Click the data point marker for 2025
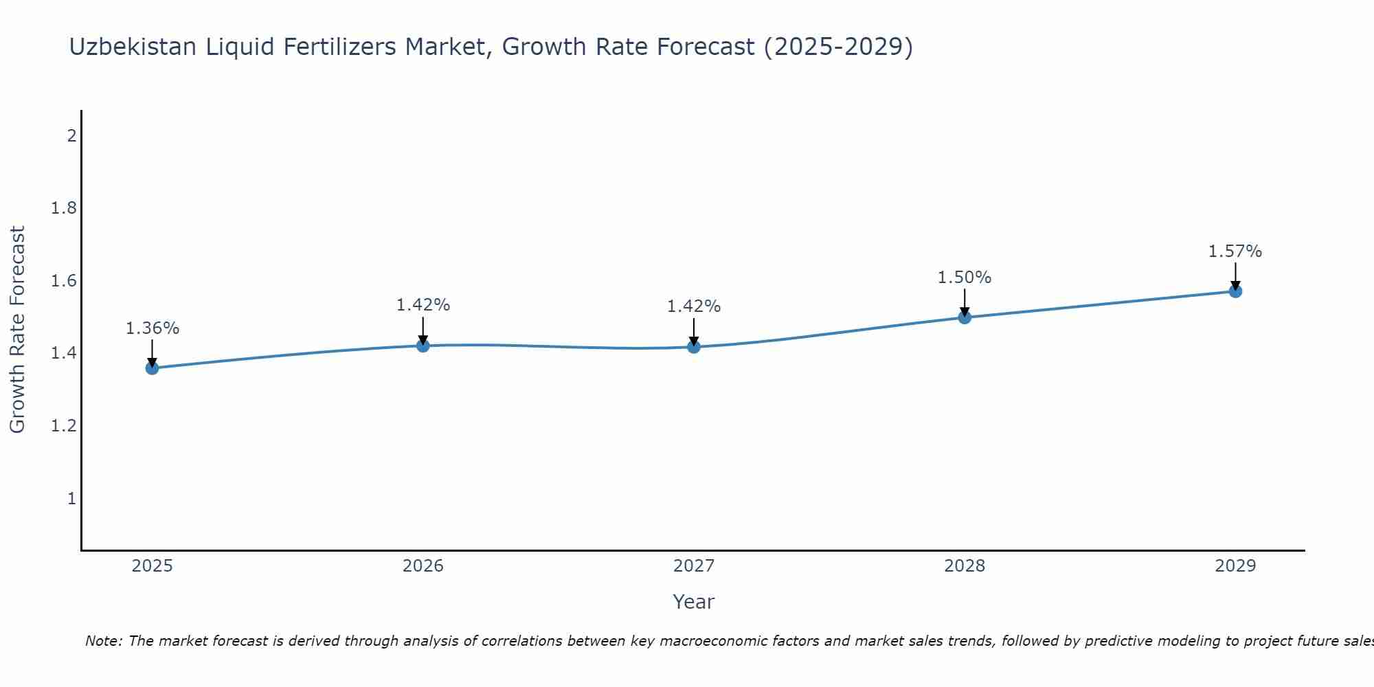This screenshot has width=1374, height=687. [x=152, y=368]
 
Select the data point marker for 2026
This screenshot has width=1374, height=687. [x=423, y=346]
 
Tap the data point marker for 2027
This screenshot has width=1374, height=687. [x=694, y=347]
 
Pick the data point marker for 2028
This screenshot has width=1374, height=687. [x=965, y=317]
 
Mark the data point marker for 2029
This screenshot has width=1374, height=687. [x=1235, y=291]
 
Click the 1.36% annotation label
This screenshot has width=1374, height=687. [x=152, y=328]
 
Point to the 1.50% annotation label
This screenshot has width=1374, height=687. [x=965, y=278]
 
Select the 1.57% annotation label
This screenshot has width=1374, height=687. [x=1235, y=251]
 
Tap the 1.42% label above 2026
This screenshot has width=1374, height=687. [x=423, y=305]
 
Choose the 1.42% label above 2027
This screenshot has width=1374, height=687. [x=694, y=306]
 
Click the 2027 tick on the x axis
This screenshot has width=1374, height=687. [x=694, y=566]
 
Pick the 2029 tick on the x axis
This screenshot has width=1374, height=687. [x=1235, y=566]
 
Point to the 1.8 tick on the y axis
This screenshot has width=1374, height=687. [x=63, y=208]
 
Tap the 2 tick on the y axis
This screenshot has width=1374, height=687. [x=71, y=135]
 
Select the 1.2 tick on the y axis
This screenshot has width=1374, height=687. [x=63, y=426]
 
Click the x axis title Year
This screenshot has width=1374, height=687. [x=694, y=602]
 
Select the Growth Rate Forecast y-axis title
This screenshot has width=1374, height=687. [x=18, y=330]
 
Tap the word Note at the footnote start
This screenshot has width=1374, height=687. [x=102, y=641]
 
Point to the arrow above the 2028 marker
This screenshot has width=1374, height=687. [x=965, y=302]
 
